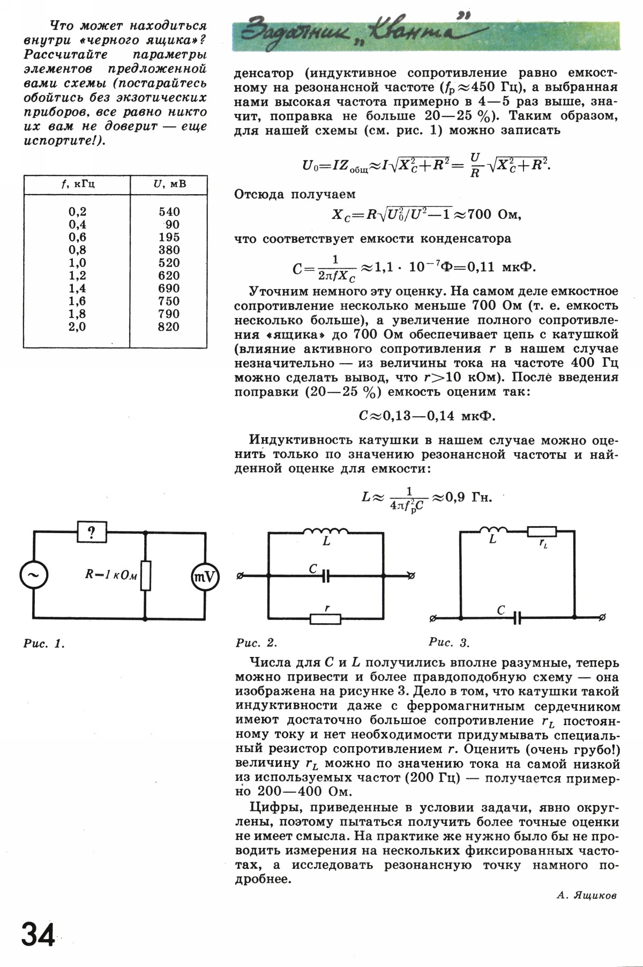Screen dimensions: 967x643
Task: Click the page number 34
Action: coord(39,936)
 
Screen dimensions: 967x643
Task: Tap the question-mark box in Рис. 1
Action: coord(92,532)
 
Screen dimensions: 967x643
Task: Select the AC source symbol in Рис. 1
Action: coord(34,575)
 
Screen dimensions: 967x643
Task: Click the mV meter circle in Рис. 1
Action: coord(205,576)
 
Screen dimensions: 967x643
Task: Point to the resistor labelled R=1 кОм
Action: coord(145,575)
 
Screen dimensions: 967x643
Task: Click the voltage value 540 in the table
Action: coord(169,212)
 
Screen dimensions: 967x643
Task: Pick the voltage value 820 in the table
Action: coord(169,327)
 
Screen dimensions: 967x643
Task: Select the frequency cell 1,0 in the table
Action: coord(77,263)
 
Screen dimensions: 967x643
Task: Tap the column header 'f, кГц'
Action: coord(77,184)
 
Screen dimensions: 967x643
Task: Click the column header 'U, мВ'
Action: coord(169,184)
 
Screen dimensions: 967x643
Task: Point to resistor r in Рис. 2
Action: coord(326,619)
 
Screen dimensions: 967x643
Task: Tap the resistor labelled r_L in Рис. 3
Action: coord(542,532)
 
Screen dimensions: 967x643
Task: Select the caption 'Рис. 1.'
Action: coord(44,644)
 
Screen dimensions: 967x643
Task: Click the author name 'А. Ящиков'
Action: coord(587,895)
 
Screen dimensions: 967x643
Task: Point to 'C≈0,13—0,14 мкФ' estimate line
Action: coord(426,416)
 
